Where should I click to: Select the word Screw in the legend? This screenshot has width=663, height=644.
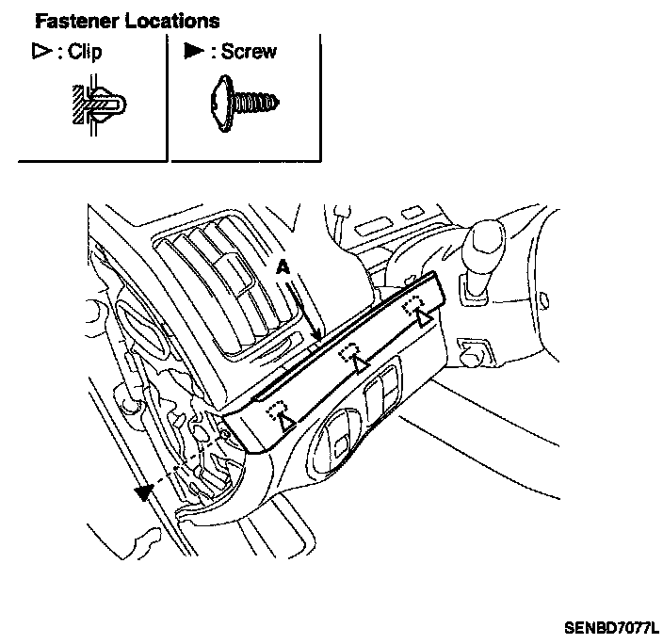point(250,53)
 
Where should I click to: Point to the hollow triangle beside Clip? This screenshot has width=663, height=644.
point(40,53)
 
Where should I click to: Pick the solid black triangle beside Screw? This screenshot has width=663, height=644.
point(194,53)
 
